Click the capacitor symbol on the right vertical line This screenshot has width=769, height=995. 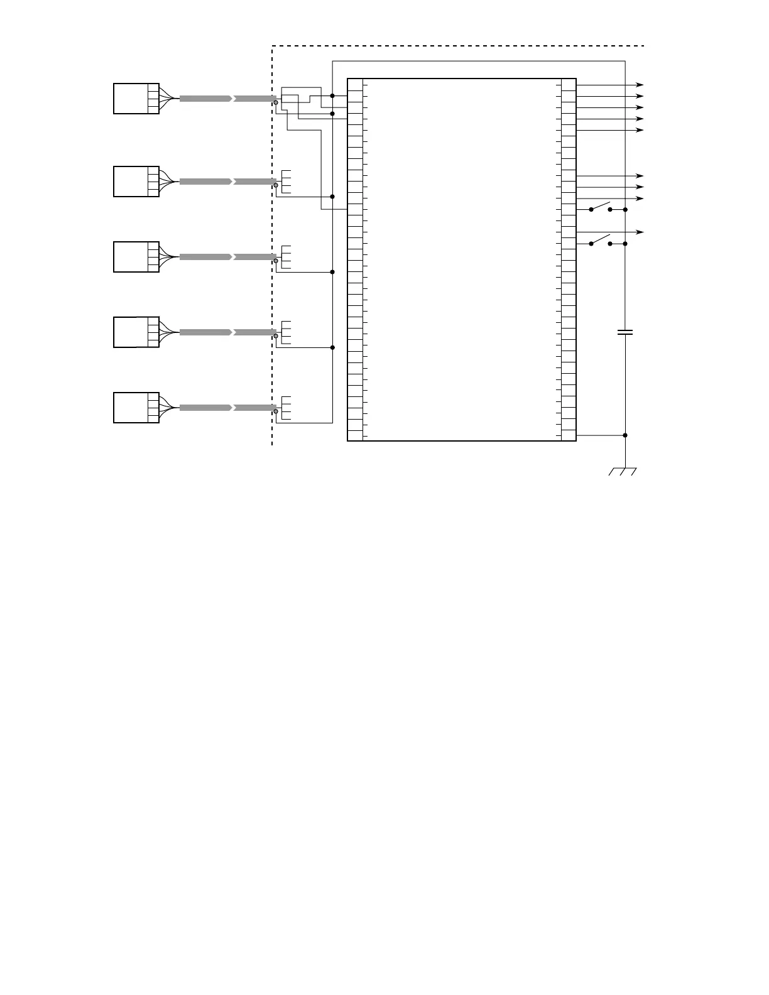[x=625, y=332]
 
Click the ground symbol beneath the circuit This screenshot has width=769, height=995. [x=623, y=471]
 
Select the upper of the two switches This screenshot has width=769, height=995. [x=601, y=207]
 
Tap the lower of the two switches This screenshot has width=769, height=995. [x=601, y=241]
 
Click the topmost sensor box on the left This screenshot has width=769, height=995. [x=136, y=99]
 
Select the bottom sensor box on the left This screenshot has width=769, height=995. [x=136, y=408]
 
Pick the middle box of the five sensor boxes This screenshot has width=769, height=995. [x=136, y=257]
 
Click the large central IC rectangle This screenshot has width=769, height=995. [x=462, y=259]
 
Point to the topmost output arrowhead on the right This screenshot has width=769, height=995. [x=640, y=84]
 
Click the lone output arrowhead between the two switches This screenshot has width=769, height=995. [x=640, y=232]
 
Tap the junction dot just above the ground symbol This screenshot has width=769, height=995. [x=625, y=435]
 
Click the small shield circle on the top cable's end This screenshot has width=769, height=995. [x=276, y=102]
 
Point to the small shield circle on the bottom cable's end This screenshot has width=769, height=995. [x=276, y=411]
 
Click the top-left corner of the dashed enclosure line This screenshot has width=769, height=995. [x=272, y=46]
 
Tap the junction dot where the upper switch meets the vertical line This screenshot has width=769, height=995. [x=625, y=210]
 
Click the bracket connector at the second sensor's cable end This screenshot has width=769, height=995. [x=285, y=182]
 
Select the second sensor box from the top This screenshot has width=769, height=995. [x=136, y=182]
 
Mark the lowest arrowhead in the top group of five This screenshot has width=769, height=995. [x=640, y=130]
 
